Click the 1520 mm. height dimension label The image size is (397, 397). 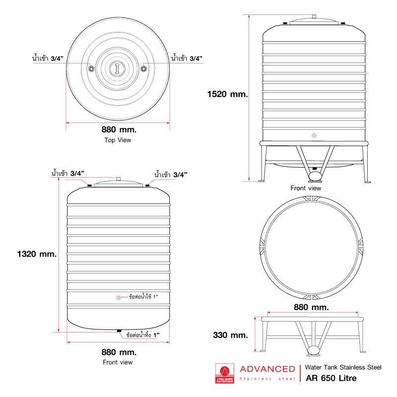tap(227, 94)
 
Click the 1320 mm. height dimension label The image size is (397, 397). tap(37, 254)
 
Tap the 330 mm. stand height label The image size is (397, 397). tap(230, 335)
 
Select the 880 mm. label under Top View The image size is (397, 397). tap(119, 130)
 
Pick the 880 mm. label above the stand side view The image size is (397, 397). tap(311, 307)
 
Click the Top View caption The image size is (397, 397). tap(118, 140)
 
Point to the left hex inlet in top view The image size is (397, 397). tap(91, 68)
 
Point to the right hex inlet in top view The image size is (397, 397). tap(143, 68)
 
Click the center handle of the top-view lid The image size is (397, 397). tap(117, 68)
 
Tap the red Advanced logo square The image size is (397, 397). tap(225, 373)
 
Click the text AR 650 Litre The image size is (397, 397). tap(331, 378)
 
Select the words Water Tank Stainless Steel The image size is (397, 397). tap(343, 367)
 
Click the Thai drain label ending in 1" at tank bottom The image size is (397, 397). tap(143, 334)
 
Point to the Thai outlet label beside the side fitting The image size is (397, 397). tap(143, 296)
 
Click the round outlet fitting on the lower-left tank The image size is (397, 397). tap(118, 298)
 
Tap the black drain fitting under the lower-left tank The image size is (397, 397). tap(119, 331)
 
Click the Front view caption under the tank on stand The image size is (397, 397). tap(306, 188)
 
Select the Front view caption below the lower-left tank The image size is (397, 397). tap(118, 362)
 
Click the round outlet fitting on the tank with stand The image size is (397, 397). tap(314, 135)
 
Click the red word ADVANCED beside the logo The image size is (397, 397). tap(267, 369)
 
